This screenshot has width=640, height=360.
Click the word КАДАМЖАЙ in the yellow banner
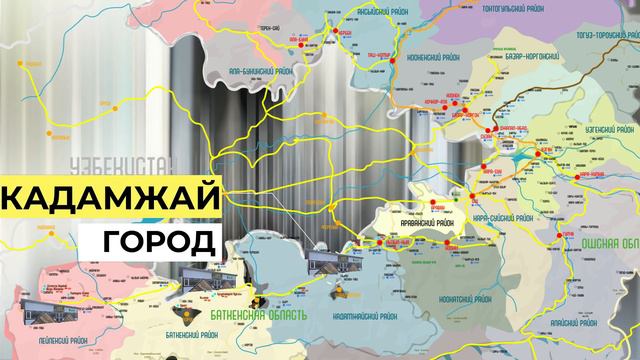tap(110, 198)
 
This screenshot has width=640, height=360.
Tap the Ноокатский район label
tap(471, 259)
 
